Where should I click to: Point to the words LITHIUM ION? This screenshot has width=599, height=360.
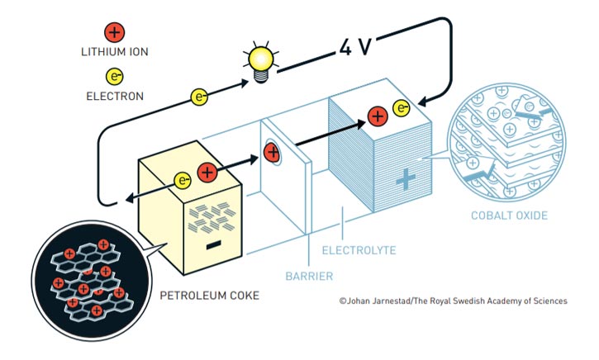[x=114, y=53]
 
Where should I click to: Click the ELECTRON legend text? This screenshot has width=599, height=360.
[x=114, y=97]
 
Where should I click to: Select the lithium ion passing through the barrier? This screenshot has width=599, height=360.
[x=272, y=152]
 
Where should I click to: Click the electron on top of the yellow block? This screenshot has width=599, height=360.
[x=184, y=179]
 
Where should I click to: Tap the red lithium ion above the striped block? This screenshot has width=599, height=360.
[x=377, y=116]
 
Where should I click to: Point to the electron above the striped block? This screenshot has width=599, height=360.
[x=402, y=107]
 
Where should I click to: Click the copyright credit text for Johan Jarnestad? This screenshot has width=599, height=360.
[x=453, y=301]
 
